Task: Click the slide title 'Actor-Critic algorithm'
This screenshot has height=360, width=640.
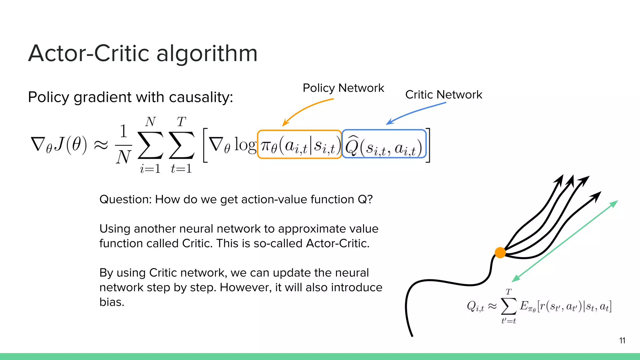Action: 143,53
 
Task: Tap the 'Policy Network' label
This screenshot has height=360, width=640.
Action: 343,88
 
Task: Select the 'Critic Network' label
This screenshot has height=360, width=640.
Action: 443,95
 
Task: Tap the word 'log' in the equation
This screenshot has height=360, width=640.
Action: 245,145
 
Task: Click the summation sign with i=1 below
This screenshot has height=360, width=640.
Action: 150,145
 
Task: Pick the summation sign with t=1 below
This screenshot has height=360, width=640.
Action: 181,145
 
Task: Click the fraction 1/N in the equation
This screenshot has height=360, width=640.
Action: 123,144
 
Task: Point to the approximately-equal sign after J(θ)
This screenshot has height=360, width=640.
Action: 101,145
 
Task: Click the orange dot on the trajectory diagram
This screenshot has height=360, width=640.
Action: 500,252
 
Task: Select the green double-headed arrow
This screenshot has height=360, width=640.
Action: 565,241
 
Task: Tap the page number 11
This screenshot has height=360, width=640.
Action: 622,341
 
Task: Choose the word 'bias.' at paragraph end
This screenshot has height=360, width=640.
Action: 112,302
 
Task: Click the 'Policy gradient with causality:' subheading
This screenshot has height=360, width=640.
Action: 130,97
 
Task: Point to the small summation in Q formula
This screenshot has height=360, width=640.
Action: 508,306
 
